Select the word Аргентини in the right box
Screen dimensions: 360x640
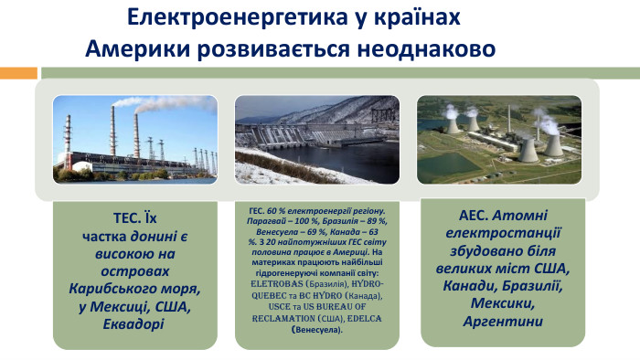point(503,321)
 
